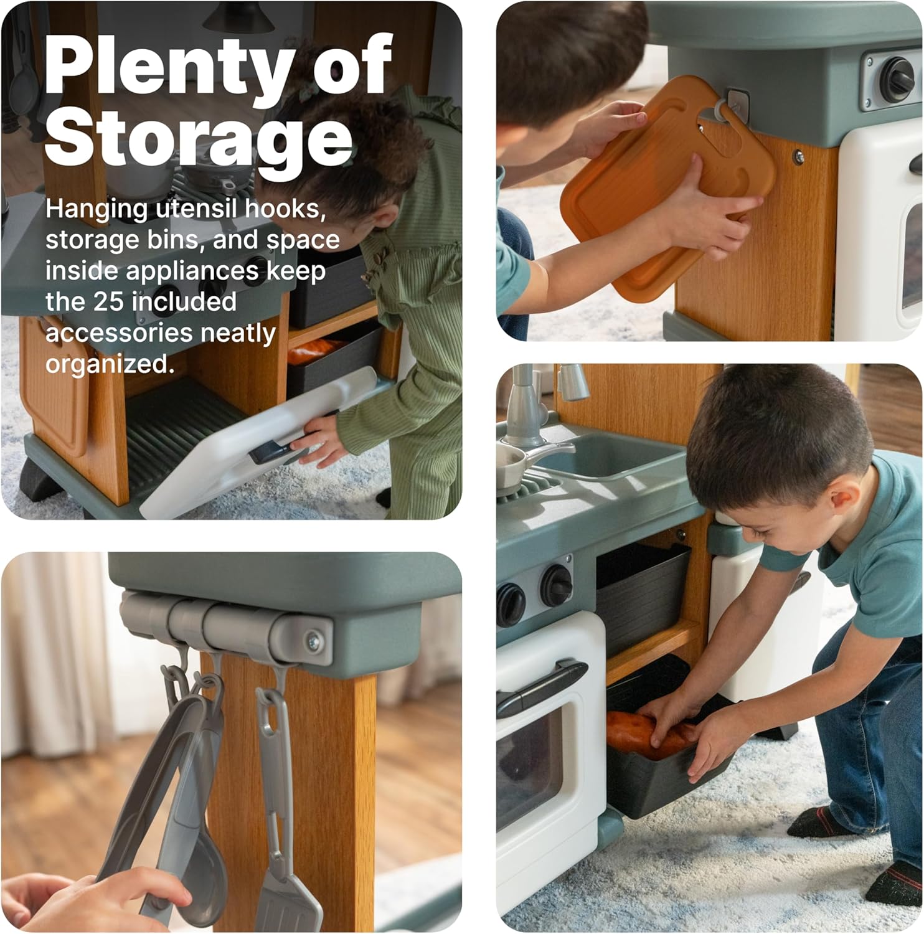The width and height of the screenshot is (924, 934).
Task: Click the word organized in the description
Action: [110, 364]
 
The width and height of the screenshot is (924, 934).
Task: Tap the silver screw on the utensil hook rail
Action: [312, 639]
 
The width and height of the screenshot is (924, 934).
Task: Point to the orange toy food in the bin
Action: [651, 735]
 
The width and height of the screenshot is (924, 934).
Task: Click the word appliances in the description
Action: [192, 271]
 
